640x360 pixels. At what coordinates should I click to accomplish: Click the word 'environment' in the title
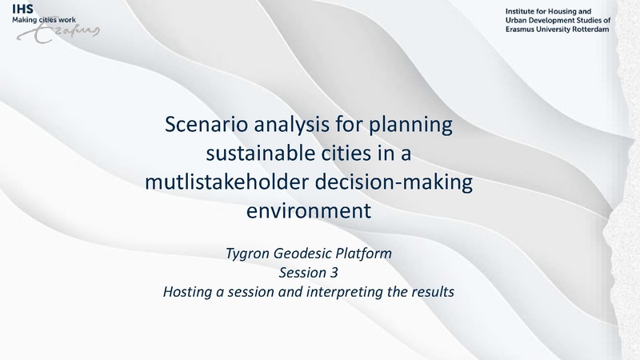(x=309, y=211)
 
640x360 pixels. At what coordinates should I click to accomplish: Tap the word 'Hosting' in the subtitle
(x=185, y=291)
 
